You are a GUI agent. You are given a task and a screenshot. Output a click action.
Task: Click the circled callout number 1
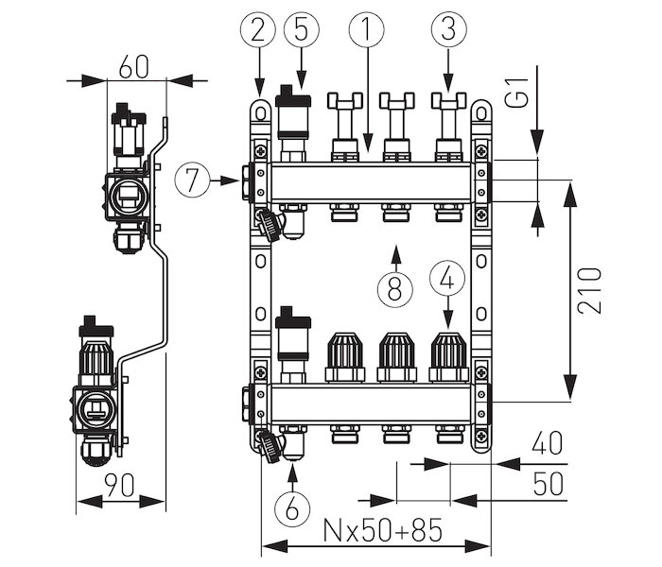[367, 29]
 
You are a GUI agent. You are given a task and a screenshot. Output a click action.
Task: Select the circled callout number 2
[258, 29]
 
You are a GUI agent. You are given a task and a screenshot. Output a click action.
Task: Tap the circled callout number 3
[449, 29]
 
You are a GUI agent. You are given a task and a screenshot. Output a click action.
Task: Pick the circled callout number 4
[447, 280]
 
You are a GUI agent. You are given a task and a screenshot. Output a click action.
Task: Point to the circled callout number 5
[302, 29]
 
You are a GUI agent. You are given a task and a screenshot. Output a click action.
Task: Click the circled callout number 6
[292, 509]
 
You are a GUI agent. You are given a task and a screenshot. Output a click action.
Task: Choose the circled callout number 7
[193, 180]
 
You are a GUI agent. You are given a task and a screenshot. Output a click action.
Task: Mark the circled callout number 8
[395, 290]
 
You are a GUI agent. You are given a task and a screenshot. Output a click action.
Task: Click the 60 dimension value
[134, 67]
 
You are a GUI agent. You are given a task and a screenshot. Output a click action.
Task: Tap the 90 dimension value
[119, 485]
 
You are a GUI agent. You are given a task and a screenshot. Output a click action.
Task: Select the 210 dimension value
[589, 291]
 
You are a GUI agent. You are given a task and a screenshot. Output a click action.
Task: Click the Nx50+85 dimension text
[382, 530]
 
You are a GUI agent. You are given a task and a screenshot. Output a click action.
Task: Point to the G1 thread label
[517, 93]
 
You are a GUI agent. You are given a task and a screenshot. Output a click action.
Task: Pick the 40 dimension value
[548, 443]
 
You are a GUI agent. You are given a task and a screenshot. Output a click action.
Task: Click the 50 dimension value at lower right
[548, 484]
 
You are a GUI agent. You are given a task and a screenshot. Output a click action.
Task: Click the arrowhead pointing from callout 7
[231, 180]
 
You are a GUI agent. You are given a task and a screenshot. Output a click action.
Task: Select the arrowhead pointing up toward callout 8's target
[395, 252]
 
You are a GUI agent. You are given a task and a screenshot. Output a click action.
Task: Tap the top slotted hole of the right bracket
[481, 112]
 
